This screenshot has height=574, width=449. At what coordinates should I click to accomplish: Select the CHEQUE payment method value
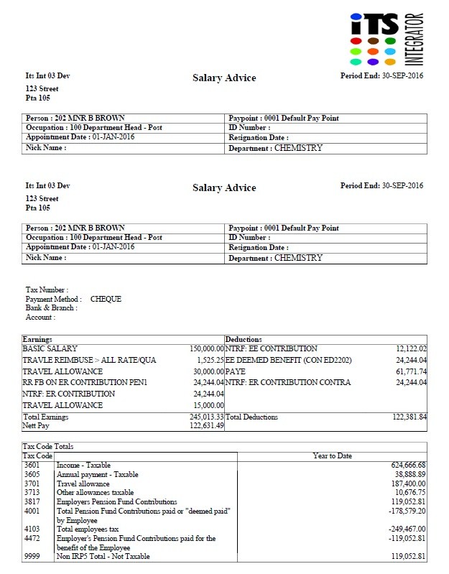point(106,299)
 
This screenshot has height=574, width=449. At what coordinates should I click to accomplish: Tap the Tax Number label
point(47,290)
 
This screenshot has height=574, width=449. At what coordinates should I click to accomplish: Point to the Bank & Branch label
point(51,307)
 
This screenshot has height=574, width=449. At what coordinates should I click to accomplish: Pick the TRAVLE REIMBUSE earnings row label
point(89,360)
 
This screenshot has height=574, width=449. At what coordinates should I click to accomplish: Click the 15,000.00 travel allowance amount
point(209,406)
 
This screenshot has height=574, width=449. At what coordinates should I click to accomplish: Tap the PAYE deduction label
point(236,371)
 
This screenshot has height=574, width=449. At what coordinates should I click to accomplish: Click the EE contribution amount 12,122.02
point(411,348)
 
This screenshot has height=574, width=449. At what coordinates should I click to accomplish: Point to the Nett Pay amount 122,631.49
point(207,425)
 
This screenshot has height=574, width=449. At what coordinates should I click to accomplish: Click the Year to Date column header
point(333,456)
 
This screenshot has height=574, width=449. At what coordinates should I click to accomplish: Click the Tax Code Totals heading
point(48,447)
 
